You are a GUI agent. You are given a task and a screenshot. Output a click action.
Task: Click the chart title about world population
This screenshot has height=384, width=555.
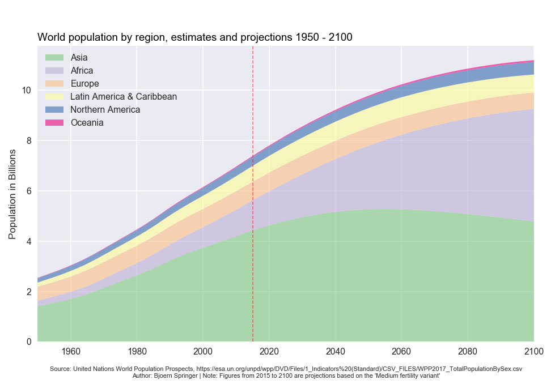click(x=194, y=37)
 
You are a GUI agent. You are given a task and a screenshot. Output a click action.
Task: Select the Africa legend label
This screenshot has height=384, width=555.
click(x=82, y=71)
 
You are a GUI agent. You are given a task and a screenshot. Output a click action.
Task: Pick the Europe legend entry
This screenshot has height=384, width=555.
click(x=84, y=84)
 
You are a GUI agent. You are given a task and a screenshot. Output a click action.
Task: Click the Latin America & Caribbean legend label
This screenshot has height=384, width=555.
click(x=124, y=97)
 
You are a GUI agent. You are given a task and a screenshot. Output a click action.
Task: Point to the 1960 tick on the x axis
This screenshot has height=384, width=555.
click(x=71, y=351)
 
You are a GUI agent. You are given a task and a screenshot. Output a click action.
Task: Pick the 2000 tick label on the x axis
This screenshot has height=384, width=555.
click(x=203, y=351)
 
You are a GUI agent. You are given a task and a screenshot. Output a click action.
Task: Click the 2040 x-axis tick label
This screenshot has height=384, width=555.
click(x=336, y=351)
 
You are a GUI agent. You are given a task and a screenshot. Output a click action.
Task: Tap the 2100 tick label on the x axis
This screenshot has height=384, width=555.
click(x=533, y=351)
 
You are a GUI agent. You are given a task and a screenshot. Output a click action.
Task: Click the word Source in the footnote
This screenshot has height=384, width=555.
click(x=61, y=369)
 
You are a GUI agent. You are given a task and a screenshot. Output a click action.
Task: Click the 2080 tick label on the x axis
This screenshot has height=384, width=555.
click(x=468, y=351)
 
